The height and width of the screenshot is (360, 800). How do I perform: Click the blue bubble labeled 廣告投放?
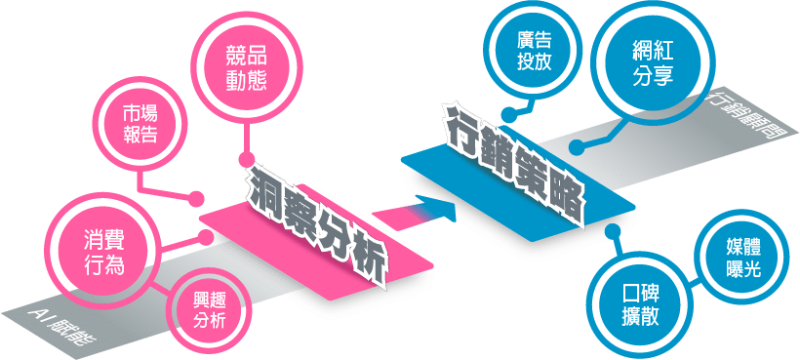535,50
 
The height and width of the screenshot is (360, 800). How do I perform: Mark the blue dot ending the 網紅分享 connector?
577,149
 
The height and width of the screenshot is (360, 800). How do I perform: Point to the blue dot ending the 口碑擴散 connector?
612,232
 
